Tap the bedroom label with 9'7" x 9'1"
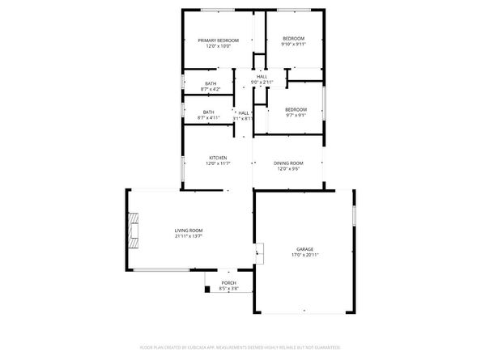point(295,110)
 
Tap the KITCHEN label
point(218,158)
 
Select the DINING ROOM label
point(289,163)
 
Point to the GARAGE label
point(304,249)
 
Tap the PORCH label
point(229,283)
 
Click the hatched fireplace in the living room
point(134,230)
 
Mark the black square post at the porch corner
point(207,289)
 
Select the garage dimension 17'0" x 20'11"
point(304,256)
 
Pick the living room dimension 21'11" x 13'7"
point(188,237)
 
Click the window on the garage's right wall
point(354,218)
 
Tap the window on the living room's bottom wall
point(161,270)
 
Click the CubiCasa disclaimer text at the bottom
point(240,346)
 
